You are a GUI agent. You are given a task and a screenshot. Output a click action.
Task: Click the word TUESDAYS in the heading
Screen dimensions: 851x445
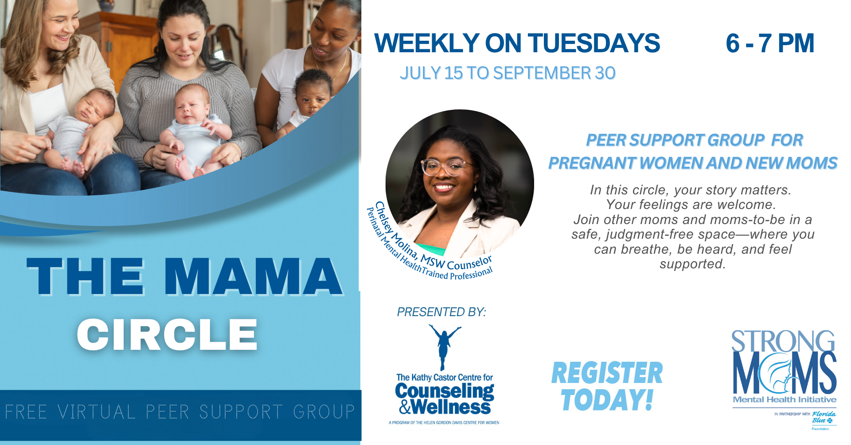[594, 43]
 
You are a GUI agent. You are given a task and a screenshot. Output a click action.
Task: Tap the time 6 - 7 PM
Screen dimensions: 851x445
[770, 43]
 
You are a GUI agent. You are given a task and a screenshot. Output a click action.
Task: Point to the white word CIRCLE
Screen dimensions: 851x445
[167, 335]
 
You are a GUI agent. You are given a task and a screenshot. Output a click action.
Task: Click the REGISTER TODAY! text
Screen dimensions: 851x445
[607, 386]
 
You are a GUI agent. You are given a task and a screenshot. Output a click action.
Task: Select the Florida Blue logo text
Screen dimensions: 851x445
[824, 417]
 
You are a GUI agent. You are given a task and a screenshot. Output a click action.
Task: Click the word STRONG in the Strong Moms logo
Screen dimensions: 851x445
[783, 341]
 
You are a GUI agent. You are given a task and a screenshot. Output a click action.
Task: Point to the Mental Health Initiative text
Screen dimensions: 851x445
[785, 399]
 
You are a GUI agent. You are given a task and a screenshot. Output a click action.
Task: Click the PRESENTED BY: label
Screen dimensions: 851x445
[441, 312]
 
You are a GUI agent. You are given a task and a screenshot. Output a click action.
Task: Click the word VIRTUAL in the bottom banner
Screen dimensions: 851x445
[96, 412]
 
